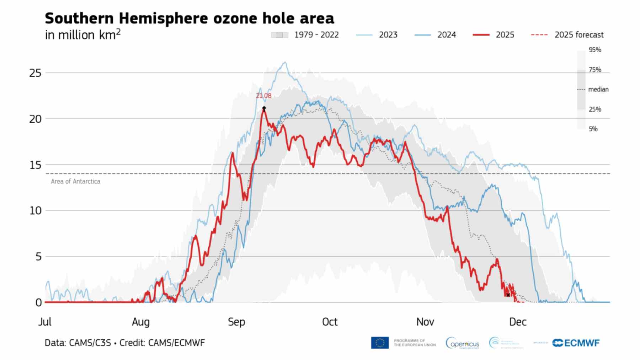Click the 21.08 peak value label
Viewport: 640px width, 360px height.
[x=263, y=96]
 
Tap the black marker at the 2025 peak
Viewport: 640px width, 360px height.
[x=264, y=108]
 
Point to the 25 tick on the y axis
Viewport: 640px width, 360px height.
[x=35, y=73]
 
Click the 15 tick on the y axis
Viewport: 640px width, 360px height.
[x=35, y=165]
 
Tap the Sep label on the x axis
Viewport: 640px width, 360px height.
[x=236, y=322]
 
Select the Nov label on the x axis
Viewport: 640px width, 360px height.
[x=425, y=322]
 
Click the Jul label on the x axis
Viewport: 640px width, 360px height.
[x=45, y=322]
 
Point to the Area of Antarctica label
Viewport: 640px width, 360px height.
[x=75, y=181]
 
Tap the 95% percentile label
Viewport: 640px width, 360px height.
[x=594, y=50]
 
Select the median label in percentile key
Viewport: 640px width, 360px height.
[x=598, y=90]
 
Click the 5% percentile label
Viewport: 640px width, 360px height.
[x=593, y=129]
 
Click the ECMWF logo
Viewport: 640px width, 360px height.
[x=576, y=343]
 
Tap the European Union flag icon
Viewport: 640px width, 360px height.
[x=380, y=343]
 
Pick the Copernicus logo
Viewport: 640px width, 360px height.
[x=463, y=343]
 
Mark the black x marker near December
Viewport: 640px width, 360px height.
[x=508, y=295]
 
